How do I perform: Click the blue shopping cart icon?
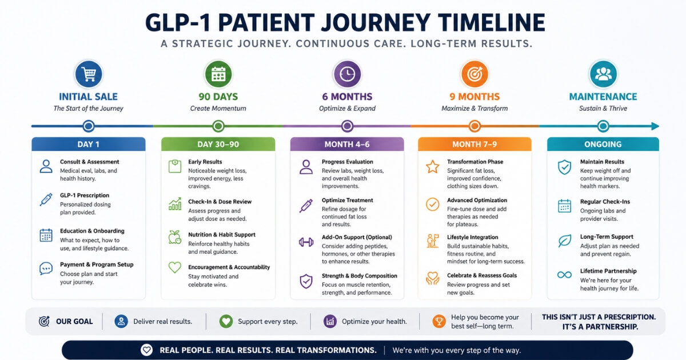click(89, 74)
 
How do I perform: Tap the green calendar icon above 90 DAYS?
click(218, 74)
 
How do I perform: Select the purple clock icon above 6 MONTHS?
click(348, 74)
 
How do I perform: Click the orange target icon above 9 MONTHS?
click(474, 74)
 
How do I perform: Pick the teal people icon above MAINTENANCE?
click(603, 74)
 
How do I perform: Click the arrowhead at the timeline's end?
click(655, 126)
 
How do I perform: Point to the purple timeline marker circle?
click(348, 126)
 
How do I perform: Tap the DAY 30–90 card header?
click(218, 144)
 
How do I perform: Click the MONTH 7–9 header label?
click(474, 144)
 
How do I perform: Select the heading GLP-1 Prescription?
click(85, 195)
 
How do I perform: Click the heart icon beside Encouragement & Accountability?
click(175, 267)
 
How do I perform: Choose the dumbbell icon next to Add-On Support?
click(306, 242)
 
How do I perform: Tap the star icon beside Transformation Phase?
click(432, 167)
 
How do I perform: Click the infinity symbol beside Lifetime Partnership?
click(564, 275)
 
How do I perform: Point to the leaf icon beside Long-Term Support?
click(564, 241)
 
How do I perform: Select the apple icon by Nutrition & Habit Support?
click(175, 237)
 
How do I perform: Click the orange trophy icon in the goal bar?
click(439, 321)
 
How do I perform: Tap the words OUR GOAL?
click(74, 321)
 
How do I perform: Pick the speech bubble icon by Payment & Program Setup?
click(46, 269)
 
